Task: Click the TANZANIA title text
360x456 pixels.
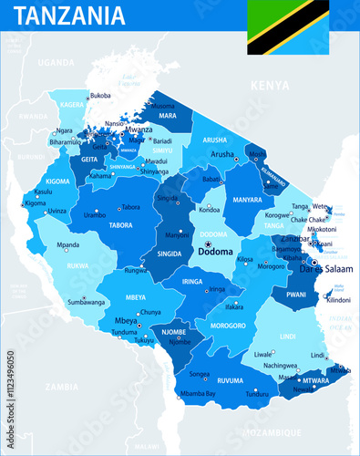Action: [x=70, y=16]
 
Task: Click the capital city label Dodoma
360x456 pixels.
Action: [x=217, y=251]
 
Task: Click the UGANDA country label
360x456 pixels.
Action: [x=56, y=62]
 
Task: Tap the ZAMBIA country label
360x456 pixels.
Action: [x=62, y=387]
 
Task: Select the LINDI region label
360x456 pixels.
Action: [x=288, y=337]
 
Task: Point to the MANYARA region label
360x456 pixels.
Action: [x=248, y=199]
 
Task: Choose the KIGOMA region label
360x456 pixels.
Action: [x=57, y=181]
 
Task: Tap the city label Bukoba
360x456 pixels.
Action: [x=99, y=96]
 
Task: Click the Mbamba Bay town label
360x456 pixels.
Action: [x=198, y=393]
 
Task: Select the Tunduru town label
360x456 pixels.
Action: [x=257, y=394]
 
